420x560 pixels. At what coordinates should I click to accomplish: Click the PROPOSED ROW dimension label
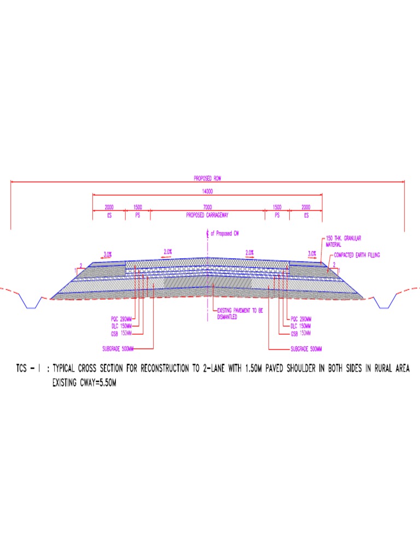tap(207, 178)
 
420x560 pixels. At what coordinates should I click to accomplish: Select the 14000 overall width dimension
tap(207, 191)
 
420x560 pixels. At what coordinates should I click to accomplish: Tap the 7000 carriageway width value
tap(207, 207)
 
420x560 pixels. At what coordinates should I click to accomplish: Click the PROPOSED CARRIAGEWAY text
tap(207, 215)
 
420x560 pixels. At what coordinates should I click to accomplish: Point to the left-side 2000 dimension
tap(109, 207)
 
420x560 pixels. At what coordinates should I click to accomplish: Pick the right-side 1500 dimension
tap(277, 207)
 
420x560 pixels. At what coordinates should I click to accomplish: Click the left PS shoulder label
tap(137, 215)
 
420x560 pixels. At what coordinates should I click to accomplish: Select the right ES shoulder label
tap(306, 215)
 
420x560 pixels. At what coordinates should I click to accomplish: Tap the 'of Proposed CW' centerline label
tap(225, 233)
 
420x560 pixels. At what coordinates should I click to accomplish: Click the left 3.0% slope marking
tap(108, 254)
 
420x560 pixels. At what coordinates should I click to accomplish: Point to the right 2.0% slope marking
tap(249, 252)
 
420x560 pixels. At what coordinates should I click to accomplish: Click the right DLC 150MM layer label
tap(300, 326)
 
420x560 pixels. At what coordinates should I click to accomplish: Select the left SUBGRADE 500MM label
tap(118, 348)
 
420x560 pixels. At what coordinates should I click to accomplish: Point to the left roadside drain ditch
tap(31, 301)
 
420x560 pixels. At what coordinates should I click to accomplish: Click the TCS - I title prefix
tap(27, 369)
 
